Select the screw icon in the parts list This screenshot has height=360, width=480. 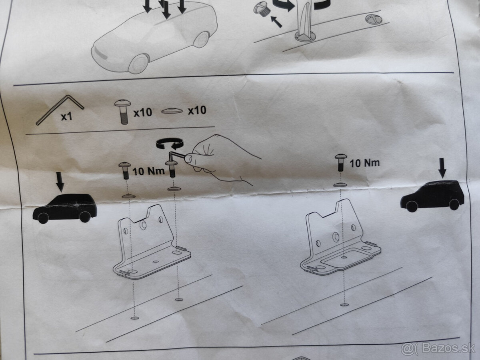point(123,112)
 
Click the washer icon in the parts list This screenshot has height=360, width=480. point(172,111)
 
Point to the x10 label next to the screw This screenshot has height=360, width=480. point(143,112)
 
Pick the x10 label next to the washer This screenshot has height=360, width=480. point(197,110)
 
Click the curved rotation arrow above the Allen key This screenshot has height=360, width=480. point(170,143)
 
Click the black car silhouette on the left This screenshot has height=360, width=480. point(65,208)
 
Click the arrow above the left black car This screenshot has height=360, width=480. point(60,182)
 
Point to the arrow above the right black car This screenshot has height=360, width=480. point(442,168)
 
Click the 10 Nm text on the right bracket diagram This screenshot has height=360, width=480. point(364,163)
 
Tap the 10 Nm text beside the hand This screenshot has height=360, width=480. point(148,171)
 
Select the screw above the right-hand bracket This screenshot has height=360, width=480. point(341,162)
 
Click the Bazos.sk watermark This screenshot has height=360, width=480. point(438,349)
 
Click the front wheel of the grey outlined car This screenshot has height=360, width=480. point(139,64)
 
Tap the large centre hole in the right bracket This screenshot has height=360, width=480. point(336,236)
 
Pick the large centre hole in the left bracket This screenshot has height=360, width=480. point(143,225)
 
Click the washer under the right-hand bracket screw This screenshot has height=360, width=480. point(340,185)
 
